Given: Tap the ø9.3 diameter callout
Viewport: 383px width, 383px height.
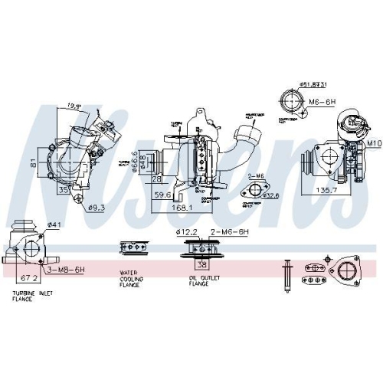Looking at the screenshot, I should click(x=97, y=207).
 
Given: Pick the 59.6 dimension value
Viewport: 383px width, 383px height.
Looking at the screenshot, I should click(x=161, y=195).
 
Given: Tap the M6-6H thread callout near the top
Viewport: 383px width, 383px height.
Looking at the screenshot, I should click(x=320, y=101).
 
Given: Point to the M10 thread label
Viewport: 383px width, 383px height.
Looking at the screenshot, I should click(x=373, y=143).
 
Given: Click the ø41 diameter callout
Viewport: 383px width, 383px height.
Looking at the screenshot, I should click(x=53, y=224).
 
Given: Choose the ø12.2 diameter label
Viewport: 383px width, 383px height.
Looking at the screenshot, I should click(x=187, y=231).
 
